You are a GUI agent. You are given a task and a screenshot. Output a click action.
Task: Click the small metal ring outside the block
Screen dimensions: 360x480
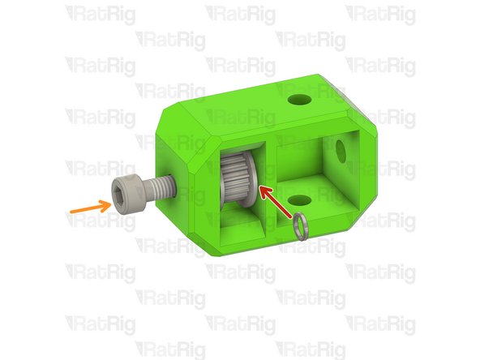[x=302, y=226]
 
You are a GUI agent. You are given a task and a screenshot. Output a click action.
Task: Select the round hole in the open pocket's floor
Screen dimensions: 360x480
[x=299, y=199]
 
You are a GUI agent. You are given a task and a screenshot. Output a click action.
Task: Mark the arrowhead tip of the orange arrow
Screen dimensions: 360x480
[x=109, y=202]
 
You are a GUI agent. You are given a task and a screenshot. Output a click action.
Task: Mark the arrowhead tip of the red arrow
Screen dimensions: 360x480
[x=259, y=188]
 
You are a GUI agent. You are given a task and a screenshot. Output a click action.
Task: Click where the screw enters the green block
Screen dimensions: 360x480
[x=173, y=182]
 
